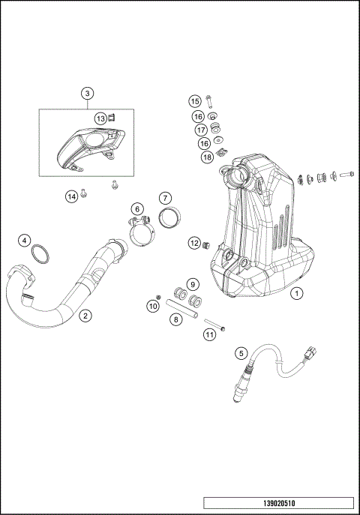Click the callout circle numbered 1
[x=298, y=294]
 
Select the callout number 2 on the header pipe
[x=86, y=316]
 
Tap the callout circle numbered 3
[x=88, y=94]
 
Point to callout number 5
[x=241, y=352]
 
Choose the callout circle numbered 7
[x=165, y=198]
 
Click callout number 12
[x=194, y=243]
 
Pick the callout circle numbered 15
[x=194, y=101]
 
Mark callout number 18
[x=207, y=157]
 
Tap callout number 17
[x=201, y=130]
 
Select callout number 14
[x=71, y=196]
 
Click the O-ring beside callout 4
[x=40, y=256]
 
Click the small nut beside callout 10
[x=159, y=294]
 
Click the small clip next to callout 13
[x=111, y=117]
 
